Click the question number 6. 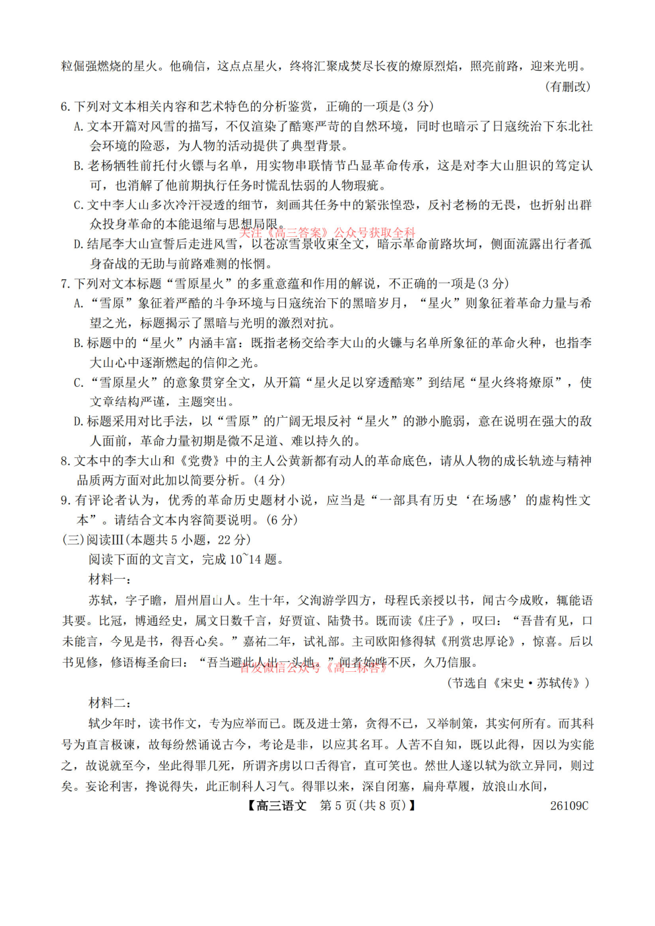pos(65,106)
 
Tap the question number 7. pos(65,284)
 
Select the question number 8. pos(65,461)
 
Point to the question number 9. pos(65,500)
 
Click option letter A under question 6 pos(79,127)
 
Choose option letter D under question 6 pos(79,244)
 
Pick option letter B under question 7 pos(79,343)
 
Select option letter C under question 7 pos(79,383)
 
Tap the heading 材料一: pos(110,579)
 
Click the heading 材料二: pos(110,703)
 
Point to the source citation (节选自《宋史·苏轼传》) pos(518,683)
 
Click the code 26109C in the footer pos(569,806)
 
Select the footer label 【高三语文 pos(277,806)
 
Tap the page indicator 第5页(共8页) pos(362,806)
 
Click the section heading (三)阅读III pos(92,540)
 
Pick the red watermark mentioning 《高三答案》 pos(327,233)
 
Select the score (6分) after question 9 pos(282,520)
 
